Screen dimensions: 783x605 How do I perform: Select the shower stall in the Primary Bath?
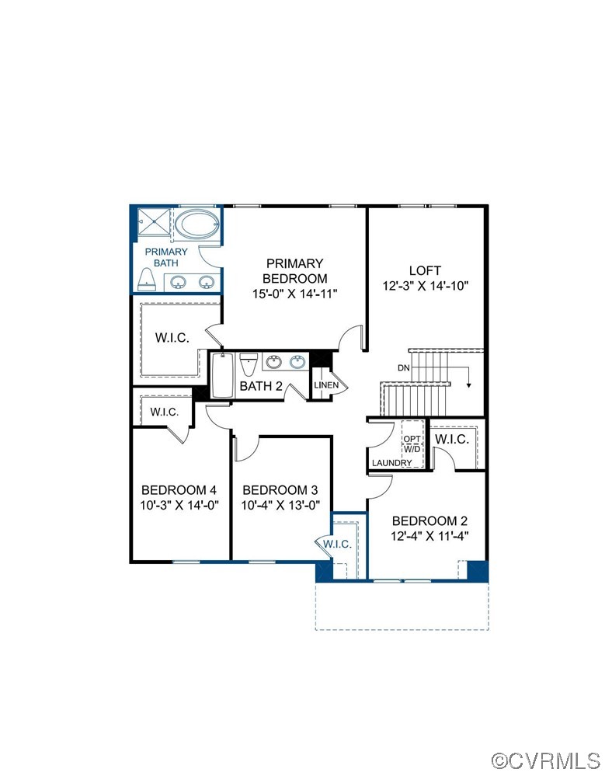154,221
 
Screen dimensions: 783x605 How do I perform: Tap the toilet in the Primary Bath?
148,280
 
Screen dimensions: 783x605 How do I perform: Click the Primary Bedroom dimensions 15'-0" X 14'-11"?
295,293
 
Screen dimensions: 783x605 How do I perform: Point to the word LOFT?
425,270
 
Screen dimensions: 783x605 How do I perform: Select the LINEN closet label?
325,385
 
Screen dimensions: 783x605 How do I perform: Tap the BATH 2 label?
260,386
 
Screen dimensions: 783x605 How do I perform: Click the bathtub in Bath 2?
222,377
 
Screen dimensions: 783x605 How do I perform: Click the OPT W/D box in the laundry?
412,444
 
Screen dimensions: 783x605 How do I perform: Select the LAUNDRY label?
391,463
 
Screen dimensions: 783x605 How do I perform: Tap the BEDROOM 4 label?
179,490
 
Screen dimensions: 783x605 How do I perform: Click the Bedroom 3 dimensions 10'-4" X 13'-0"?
281,504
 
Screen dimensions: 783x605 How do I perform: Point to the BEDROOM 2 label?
429,520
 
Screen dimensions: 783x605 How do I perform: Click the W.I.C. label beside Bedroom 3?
338,544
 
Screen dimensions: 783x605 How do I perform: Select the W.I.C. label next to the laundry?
451,439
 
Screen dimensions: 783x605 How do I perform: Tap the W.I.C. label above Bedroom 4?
164,412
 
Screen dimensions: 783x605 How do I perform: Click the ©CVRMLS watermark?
547,759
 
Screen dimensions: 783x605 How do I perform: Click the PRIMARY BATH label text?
166,257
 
